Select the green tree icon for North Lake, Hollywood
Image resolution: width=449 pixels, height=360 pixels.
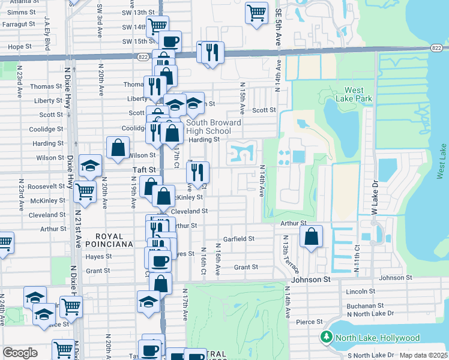(327, 337)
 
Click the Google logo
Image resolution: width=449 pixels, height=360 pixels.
(20, 352)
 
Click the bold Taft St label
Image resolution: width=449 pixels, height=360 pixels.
(144, 170)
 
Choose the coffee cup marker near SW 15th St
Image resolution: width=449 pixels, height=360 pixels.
(170, 41)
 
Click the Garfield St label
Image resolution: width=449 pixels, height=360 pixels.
(239, 239)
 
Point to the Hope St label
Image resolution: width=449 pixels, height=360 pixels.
(20, 46)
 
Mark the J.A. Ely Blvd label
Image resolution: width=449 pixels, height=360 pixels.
(47, 30)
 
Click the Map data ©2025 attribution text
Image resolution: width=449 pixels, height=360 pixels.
(423, 355)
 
